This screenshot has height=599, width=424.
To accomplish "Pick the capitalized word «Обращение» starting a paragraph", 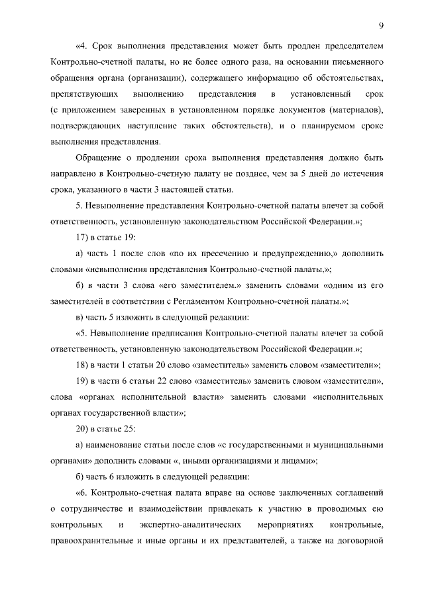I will pyautogui.click(x=99, y=159).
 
